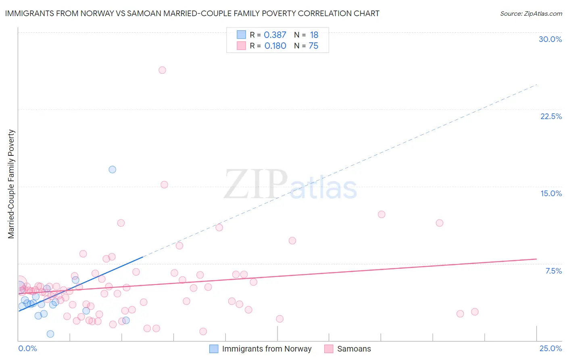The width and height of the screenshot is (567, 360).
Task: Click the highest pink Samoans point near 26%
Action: point(162,70)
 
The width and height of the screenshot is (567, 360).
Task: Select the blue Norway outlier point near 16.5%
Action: point(113,170)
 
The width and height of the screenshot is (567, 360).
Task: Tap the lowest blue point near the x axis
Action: point(50,334)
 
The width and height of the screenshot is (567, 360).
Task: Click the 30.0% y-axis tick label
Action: point(550,39)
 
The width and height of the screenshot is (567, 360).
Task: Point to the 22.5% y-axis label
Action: point(551,116)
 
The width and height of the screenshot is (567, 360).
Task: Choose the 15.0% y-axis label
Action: point(551,193)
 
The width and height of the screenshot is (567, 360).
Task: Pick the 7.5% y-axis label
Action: point(553,271)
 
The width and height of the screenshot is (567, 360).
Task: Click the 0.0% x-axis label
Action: point(28,348)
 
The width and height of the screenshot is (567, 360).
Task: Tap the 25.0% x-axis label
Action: point(550,348)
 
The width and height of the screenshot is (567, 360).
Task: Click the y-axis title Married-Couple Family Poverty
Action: point(11,184)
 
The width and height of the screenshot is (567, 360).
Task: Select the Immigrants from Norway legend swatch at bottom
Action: point(214,349)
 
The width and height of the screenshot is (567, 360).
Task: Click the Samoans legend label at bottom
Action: point(354,349)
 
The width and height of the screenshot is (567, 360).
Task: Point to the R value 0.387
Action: point(275,35)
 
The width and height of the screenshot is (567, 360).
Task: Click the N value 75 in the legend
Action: point(313,46)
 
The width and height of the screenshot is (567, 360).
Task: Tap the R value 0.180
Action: point(275,46)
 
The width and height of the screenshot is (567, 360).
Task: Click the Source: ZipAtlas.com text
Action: point(531,14)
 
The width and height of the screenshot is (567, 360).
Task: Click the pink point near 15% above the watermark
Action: point(164,184)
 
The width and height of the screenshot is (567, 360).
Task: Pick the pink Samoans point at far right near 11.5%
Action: point(440,223)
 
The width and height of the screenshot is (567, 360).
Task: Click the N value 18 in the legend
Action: point(314,35)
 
